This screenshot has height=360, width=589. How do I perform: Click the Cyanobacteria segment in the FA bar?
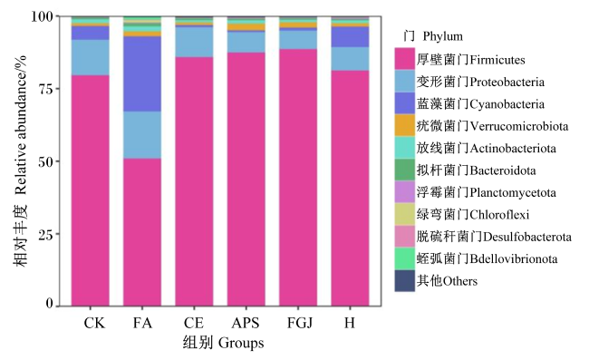pyautogui.click(x=142, y=74)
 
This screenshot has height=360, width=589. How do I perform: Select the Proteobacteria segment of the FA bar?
pyautogui.click(x=142, y=135)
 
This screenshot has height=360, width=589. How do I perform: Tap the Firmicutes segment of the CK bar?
pyautogui.click(x=90, y=190)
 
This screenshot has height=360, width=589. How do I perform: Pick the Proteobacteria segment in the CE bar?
pyautogui.click(x=194, y=42)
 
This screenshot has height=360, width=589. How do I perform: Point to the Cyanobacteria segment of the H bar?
pyautogui.click(x=350, y=37)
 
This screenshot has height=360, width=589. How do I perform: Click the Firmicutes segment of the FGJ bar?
pyautogui.click(x=298, y=178)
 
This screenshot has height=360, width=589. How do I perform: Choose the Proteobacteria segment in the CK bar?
pyautogui.click(x=90, y=57)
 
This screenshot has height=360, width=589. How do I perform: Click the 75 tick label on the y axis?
pyautogui.click(x=46, y=89)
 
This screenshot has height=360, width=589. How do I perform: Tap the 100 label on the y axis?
pyautogui.click(x=43, y=16)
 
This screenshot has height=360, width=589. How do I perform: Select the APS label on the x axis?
pyautogui.click(x=246, y=323)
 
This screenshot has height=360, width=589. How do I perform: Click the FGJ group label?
pyautogui.click(x=300, y=323)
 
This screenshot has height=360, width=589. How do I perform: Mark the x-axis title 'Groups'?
pyautogui.click(x=241, y=343)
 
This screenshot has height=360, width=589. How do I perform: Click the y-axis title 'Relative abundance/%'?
pyautogui.click(x=21, y=125)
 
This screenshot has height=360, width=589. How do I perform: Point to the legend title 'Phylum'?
pyautogui.click(x=442, y=36)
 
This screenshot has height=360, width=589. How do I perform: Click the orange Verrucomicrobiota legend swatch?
pyautogui.click(x=404, y=125)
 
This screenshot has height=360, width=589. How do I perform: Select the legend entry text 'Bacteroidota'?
pyautogui.click(x=503, y=170)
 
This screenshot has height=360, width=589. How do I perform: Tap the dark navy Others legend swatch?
pyautogui.click(x=404, y=281)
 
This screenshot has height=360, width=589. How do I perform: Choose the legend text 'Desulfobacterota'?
pyautogui.click(x=527, y=237)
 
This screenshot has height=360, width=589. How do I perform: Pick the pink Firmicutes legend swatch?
pyautogui.click(x=404, y=59)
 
